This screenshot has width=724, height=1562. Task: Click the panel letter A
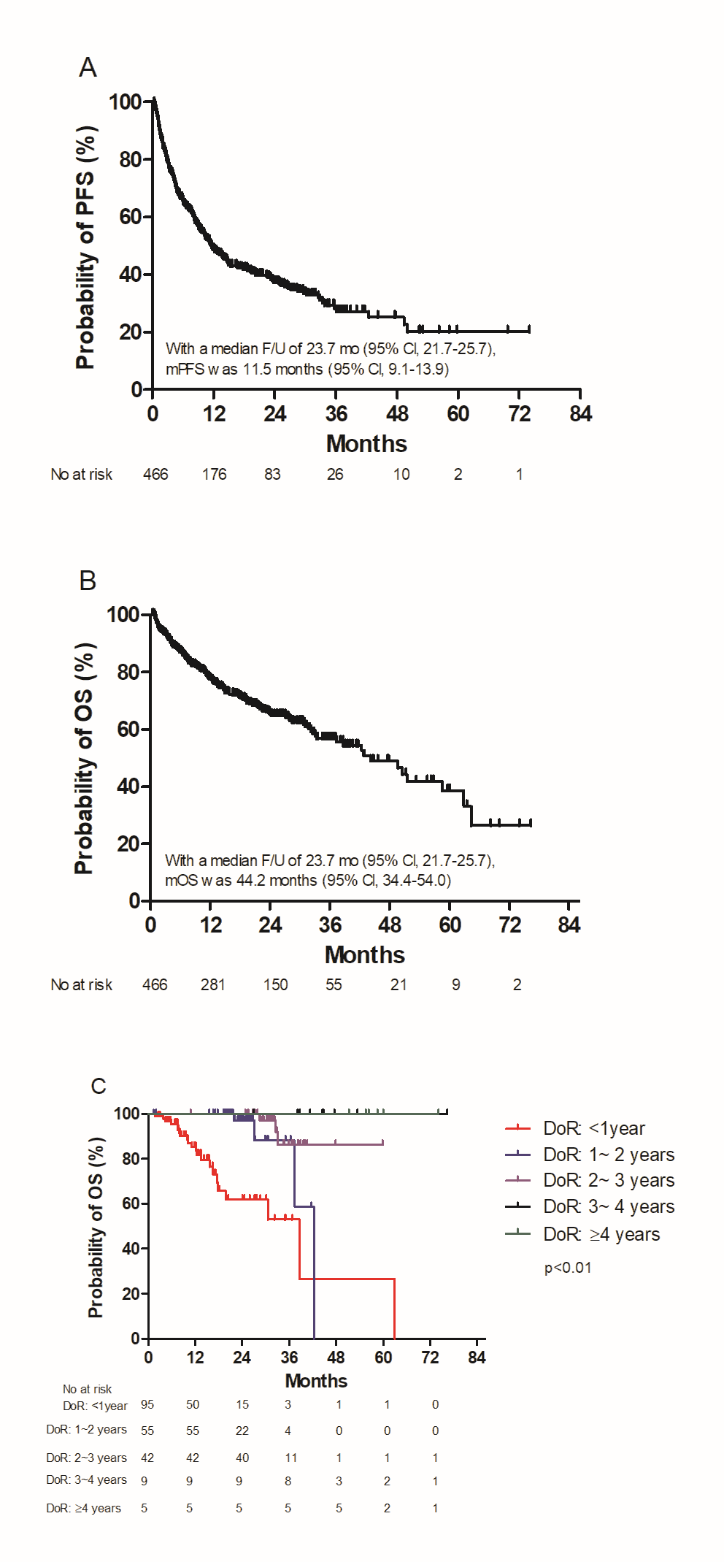pos(88,67)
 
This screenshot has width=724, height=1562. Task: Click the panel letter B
pos(88,581)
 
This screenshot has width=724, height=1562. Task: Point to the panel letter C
pos(98,1086)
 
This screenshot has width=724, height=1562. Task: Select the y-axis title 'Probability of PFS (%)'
pos(85,248)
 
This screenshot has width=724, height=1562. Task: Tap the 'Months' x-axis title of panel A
pos(366,443)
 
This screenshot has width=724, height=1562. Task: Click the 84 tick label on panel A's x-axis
pos(580,414)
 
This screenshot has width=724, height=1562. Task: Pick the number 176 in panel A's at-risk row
pos(214,475)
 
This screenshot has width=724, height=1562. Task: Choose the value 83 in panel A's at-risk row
pos(272,475)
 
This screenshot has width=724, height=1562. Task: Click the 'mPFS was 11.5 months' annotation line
pos(307,369)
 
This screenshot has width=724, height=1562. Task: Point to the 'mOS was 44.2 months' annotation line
pos(308,880)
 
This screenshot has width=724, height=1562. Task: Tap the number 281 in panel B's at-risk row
pos(212,985)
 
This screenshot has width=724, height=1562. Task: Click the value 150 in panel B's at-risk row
pos(275,985)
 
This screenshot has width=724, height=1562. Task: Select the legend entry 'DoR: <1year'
pos(593,1128)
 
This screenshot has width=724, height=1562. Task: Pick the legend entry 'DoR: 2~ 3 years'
pos(608,1180)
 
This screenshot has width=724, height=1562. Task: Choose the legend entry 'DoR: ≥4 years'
pos(601,1234)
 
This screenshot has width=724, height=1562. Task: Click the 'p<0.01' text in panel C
pos(568,1268)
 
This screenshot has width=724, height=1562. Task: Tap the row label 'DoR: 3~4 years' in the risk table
pos(86,1479)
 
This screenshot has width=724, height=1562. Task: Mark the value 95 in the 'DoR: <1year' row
pos(147,1404)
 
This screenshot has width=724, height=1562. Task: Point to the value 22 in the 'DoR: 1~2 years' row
pos(242,1431)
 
